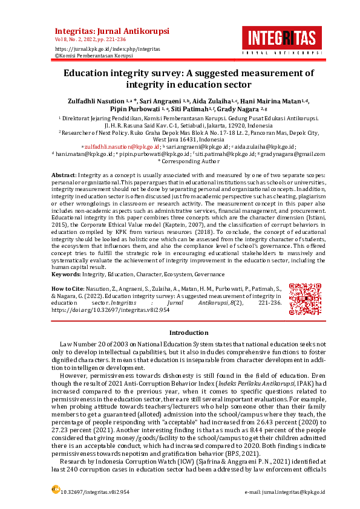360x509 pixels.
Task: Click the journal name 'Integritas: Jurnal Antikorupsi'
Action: pos(112,31)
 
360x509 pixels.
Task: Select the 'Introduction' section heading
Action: pos(189,333)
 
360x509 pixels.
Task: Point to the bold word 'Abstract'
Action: pos(63,174)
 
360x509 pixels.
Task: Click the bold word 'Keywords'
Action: pos(67,274)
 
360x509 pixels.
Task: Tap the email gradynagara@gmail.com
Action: pos(295,154)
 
